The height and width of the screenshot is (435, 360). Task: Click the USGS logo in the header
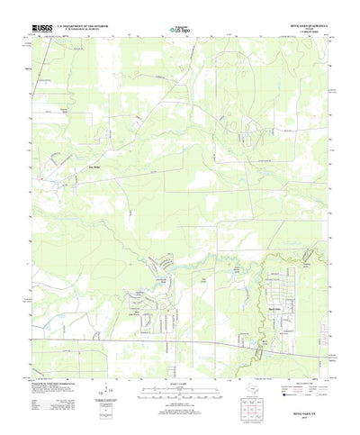tap(42, 29)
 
